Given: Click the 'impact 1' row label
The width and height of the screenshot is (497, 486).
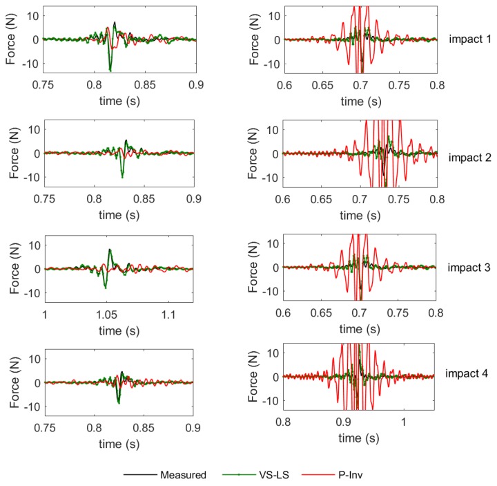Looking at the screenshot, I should click(469, 39).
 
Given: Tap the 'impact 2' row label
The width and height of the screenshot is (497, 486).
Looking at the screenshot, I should click(469, 157).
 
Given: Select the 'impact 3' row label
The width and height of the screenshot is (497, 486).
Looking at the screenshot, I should click(469, 267).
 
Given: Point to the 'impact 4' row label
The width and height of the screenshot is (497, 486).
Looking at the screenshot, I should click(469, 373).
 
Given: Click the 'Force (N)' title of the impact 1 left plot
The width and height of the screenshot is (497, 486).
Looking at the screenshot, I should click(12, 40).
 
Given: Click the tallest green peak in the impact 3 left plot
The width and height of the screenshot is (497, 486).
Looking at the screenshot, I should click(109, 250).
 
